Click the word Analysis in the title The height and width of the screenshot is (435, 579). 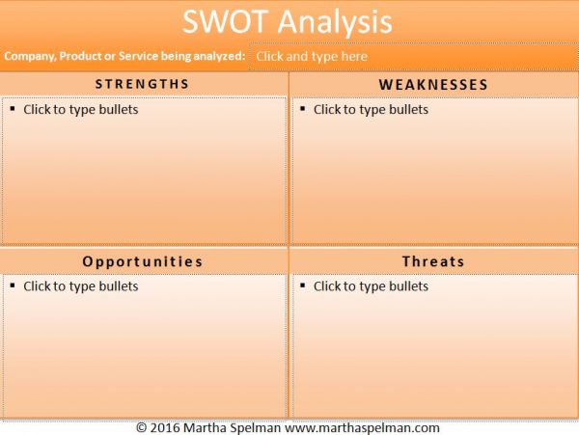point(335,23)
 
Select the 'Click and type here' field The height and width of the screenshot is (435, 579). point(413,57)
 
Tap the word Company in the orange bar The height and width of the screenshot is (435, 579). point(29,57)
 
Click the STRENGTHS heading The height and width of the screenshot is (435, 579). point(143,84)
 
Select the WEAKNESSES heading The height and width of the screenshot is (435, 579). point(433,85)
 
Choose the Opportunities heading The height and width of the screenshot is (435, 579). point(143,261)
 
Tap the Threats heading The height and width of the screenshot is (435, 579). point(433,261)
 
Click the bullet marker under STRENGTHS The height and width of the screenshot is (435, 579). point(13,108)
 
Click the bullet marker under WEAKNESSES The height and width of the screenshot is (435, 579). point(303,108)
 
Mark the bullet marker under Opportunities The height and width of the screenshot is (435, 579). point(13,285)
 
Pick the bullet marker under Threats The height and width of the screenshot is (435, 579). point(303,285)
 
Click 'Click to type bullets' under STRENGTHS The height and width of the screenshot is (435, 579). point(81,110)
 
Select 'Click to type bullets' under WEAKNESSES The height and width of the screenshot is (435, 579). point(372,110)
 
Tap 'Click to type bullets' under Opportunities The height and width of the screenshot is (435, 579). point(81,286)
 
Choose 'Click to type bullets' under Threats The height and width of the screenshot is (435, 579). point(372,286)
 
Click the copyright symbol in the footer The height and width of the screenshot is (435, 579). point(142,428)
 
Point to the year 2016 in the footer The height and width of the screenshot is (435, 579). point(165,428)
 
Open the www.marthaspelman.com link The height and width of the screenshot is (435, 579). point(362,428)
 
